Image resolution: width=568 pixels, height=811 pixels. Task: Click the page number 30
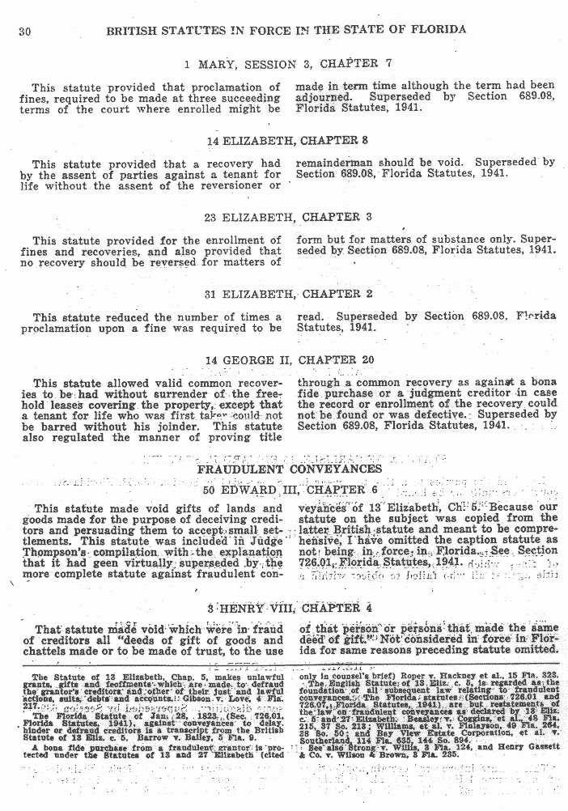23,31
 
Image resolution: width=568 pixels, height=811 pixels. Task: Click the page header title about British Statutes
286,30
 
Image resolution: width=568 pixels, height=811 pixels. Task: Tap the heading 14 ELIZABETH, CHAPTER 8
287,140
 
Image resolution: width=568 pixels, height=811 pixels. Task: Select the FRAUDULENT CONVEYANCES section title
290,469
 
